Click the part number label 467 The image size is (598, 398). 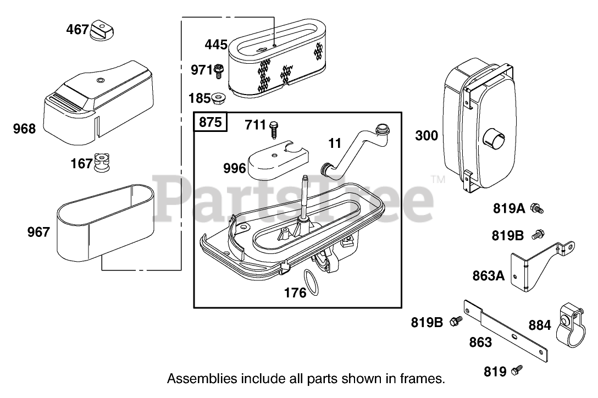coord(77,29)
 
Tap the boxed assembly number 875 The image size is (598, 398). coord(210,123)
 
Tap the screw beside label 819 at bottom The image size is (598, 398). coord(517,371)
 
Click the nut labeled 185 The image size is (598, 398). coord(219,99)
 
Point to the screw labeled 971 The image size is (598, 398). coord(219,70)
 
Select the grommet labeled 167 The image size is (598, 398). coord(100,162)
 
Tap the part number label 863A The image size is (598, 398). coord(488,275)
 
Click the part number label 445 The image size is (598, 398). coord(216,45)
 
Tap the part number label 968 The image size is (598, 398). coord(24,129)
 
